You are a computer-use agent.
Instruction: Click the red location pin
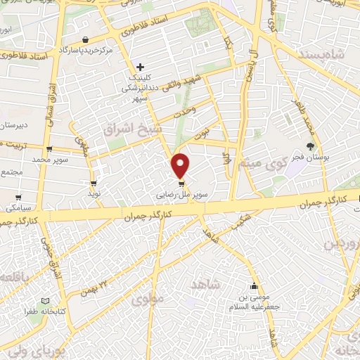pyautogui.click(x=181, y=165)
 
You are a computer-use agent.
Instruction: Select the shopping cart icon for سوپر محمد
pyautogui.click(x=49, y=149)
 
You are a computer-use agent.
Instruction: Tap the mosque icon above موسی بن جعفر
pyautogui.click(x=254, y=286)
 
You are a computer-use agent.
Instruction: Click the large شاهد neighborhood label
pyautogui.click(x=206, y=283)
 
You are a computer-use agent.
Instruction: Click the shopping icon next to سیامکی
pyautogui.click(x=18, y=198)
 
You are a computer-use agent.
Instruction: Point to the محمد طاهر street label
pyautogui.click(x=311, y=115)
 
